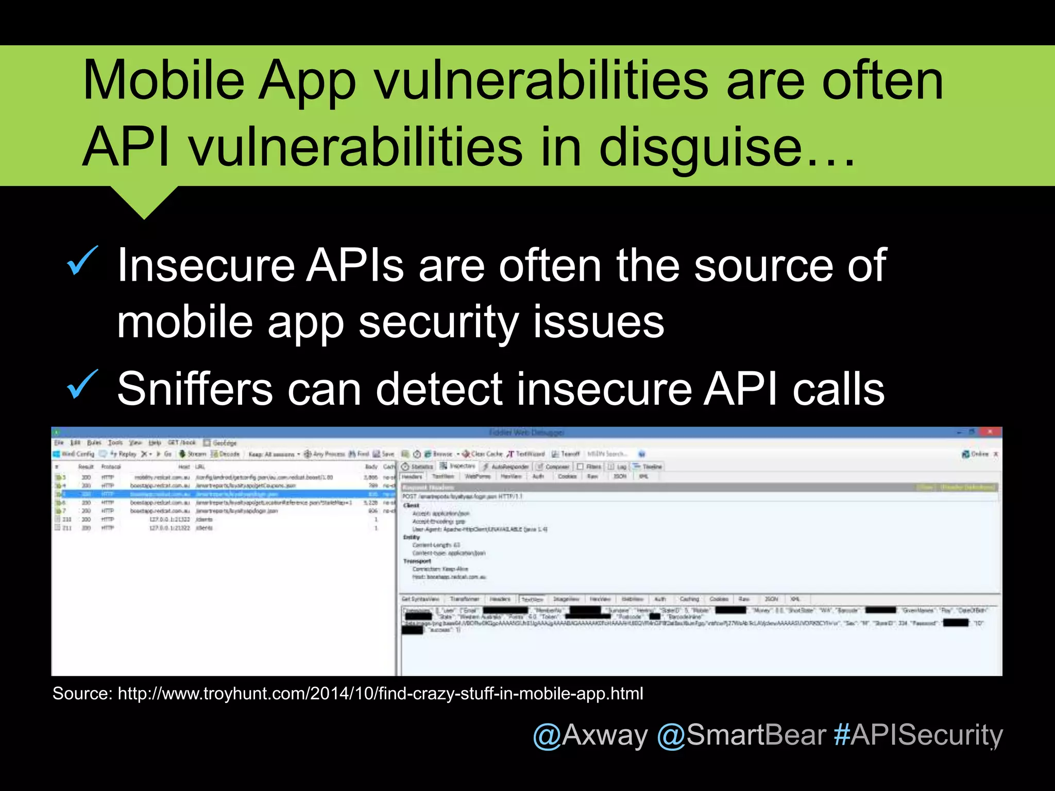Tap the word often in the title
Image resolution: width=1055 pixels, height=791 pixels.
(882, 80)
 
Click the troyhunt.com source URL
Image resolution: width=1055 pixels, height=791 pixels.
(380, 694)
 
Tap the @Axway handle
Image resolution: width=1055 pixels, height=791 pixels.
(590, 735)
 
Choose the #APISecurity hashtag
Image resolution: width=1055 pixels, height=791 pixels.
(918, 735)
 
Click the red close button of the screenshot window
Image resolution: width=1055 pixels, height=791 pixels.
(990, 432)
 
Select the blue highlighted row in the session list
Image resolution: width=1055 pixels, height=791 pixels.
(226, 494)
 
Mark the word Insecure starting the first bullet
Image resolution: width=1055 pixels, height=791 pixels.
(206, 266)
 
